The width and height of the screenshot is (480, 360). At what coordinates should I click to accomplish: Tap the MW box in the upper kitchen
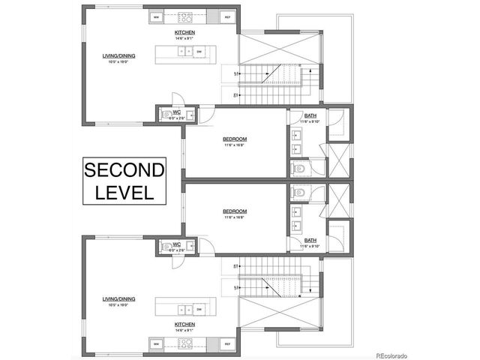click(x=157, y=16)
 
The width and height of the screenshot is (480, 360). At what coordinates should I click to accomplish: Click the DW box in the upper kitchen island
click(x=199, y=52)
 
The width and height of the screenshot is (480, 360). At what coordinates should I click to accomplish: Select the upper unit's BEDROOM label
click(x=235, y=139)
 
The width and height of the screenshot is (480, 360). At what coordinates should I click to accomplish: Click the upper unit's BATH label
click(x=310, y=115)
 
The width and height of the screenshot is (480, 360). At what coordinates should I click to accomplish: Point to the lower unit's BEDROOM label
click(x=235, y=211)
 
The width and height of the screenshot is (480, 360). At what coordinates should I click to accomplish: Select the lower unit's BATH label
click(x=310, y=240)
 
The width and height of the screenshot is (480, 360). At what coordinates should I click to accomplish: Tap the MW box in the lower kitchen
click(x=157, y=344)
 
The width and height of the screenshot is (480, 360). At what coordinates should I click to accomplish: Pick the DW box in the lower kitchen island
click(x=199, y=308)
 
